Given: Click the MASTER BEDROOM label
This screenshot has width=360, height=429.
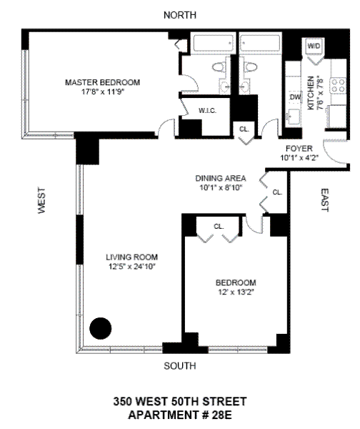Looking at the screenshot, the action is (x=103, y=82).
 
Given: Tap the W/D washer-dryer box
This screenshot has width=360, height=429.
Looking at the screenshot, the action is (x=314, y=46).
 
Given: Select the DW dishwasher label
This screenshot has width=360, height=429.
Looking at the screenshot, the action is (x=295, y=97).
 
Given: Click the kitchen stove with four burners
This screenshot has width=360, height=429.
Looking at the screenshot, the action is (x=338, y=85).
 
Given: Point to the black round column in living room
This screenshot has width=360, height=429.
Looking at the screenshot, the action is (x=101, y=328).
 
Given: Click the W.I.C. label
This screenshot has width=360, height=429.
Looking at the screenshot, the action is (x=207, y=111).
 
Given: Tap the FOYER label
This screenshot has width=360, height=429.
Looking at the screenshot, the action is (x=299, y=149).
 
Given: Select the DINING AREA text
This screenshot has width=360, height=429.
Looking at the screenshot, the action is (x=221, y=178).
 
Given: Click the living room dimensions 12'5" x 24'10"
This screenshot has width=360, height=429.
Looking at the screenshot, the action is (x=132, y=267).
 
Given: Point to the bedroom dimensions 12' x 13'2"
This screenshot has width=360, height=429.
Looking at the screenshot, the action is (x=236, y=292).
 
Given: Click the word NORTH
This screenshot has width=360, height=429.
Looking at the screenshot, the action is (x=180, y=15).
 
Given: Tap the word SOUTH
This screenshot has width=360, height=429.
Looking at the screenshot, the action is (x=180, y=366).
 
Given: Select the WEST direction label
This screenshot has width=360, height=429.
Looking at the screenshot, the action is (x=41, y=200).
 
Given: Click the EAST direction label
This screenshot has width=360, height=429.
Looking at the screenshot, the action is (x=324, y=200).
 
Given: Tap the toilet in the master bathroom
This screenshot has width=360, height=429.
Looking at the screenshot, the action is (x=219, y=66).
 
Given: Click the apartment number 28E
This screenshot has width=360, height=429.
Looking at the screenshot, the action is (x=221, y=415).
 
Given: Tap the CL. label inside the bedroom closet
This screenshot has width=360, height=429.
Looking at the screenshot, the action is (x=219, y=227).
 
